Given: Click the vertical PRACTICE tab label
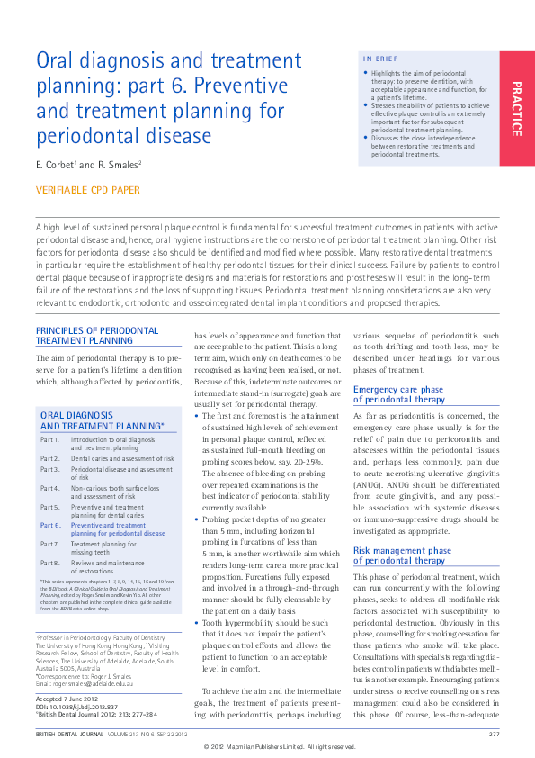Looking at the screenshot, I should point(516,108).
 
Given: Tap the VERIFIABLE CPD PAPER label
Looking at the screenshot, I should point(88,190).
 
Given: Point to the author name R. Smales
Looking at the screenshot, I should point(120,165).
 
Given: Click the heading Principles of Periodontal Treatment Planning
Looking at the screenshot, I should point(97,336).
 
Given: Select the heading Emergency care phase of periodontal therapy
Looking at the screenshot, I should point(398,394).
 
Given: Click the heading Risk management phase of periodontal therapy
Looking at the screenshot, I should point(402,554).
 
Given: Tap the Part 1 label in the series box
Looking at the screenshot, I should point(50,438).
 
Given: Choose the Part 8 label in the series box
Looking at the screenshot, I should point(50,562).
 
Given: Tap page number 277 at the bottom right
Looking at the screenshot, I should point(494,735).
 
